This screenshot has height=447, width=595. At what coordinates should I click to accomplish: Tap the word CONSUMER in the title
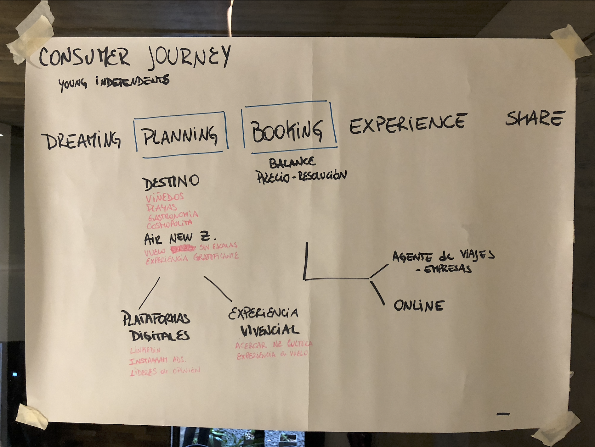(x=84, y=57)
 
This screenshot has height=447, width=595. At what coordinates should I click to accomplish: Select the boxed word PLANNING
(x=180, y=135)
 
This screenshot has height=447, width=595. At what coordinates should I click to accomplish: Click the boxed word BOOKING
(x=287, y=131)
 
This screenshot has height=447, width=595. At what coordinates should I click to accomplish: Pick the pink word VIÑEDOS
(x=165, y=198)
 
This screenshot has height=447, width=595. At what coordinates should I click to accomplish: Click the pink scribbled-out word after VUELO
(x=183, y=249)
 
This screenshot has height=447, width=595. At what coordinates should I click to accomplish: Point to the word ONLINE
(x=419, y=306)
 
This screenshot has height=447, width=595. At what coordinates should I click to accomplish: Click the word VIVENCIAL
(x=270, y=330)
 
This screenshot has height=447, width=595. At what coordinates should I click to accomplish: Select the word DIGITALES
(x=160, y=336)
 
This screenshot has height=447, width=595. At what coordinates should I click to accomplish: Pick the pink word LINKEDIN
(x=145, y=350)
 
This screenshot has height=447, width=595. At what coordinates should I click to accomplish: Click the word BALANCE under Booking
(x=292, y=162)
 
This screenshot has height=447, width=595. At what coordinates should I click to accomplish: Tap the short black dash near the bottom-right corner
(x=503, y=414)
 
